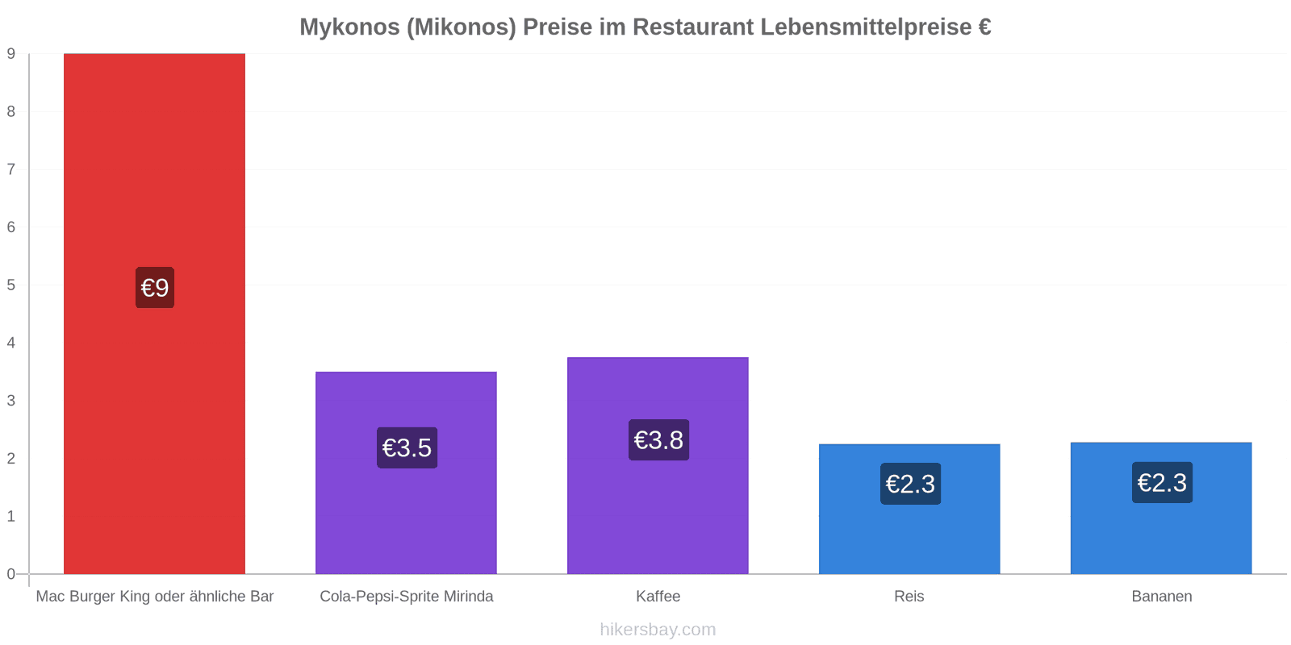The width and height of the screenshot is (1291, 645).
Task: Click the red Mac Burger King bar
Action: (x=154, y=314)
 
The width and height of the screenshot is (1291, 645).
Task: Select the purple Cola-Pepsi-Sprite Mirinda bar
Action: (x=407, y=472)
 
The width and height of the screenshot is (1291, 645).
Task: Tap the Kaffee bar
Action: (x=658, y=466)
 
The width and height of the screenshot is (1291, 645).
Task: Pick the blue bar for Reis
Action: (x=909, y=509)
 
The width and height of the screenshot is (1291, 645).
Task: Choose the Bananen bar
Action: (x=1161, y=509)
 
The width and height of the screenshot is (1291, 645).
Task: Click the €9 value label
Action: (x=155, y=287)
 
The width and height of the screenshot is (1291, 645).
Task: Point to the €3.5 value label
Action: (x=407, y=447)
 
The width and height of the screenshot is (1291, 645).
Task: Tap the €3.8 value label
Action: (x=658, y=440)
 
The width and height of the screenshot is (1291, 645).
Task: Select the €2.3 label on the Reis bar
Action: (x=911, y=484)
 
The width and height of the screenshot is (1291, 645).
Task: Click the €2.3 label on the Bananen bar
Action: (x=1163, y=483)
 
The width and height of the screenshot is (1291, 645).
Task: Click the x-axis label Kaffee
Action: (x=658, y=597)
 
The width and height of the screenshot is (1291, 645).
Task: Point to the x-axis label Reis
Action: (x=909, y=597)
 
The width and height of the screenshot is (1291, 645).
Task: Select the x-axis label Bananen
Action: (x=1162, y=597)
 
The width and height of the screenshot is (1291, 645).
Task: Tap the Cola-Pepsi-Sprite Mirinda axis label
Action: (x=407, y=597)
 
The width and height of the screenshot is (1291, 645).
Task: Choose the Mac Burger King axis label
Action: (x=154, y=597)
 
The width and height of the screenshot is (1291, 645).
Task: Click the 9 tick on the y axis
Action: (x=11, y=53)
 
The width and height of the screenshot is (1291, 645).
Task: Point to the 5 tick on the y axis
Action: (x=11, y=285)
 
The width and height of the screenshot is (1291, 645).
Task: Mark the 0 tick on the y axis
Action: (x=11, y=574)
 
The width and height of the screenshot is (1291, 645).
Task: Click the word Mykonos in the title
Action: (x=350, y=27)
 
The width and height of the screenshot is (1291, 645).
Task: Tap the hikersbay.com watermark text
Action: (x=658, y=630)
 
